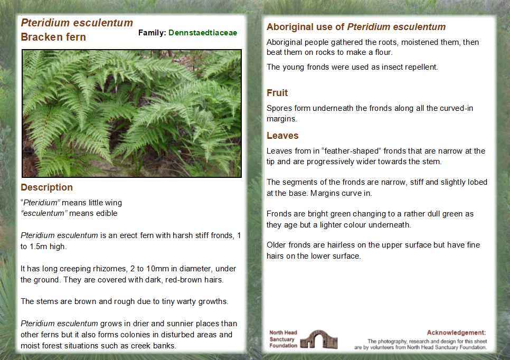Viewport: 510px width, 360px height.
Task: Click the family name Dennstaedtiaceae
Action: click(203, 33)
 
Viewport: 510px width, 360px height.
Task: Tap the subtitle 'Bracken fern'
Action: click(53, 37)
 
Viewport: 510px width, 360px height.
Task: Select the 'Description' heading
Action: click(46, 187)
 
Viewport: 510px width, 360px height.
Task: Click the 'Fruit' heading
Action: click(277, 93)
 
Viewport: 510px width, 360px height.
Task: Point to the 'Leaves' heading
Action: click(282, 136)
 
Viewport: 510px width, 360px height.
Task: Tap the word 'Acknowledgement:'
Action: click(456, 333)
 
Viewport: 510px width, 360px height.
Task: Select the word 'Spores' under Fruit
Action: click(278, 108)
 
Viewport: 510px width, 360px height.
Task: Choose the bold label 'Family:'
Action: click(152, 33)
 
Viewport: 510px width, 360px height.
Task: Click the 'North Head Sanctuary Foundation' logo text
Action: click(284, 339)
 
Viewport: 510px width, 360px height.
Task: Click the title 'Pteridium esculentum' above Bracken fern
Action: click(77, 23)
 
